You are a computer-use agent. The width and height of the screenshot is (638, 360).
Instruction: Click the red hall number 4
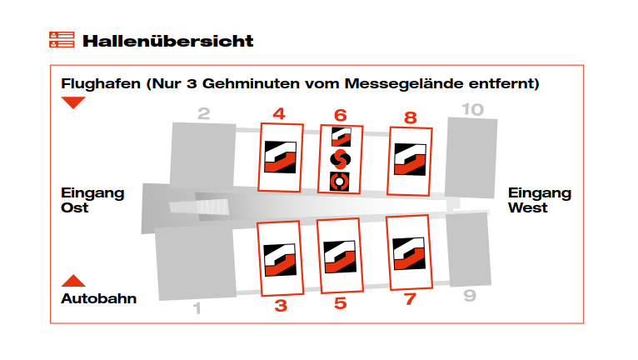coord(279,113)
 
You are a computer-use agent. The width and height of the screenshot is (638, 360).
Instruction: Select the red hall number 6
coord(341,116)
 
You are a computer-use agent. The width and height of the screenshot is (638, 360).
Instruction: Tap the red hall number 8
coord(411,117)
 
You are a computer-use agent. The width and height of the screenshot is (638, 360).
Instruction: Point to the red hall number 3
coord(281,306)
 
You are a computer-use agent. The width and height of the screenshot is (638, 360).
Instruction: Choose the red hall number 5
coord(341,303)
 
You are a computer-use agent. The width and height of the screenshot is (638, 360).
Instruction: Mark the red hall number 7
coord(410,299)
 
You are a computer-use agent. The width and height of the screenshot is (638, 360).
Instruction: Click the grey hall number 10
coord(473,109)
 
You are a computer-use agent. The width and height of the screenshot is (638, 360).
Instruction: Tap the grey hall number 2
coord(204,113)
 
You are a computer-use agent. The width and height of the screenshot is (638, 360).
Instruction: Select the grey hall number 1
coord(197,308)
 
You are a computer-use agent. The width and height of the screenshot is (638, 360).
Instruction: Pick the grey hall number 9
coord(470,295)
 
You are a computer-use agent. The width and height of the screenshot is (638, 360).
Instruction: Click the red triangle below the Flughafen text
coord(73,102)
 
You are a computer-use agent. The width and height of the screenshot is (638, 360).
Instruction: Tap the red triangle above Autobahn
coord(73,281)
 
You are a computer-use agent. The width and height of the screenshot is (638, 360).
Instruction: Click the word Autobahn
coord(99,298)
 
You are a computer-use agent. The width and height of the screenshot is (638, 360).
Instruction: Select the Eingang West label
coord(540,200)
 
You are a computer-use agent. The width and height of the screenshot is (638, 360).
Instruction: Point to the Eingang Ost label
coord(92,200)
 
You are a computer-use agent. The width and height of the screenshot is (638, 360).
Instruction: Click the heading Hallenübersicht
coord(168,41)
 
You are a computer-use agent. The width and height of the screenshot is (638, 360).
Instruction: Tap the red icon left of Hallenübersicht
coord(62,39)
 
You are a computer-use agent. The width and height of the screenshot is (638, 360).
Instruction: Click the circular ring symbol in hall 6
coord(339,182)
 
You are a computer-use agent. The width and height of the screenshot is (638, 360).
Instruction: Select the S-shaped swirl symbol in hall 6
coord(340,159)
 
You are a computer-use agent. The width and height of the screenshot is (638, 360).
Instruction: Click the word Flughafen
coord(101,84)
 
